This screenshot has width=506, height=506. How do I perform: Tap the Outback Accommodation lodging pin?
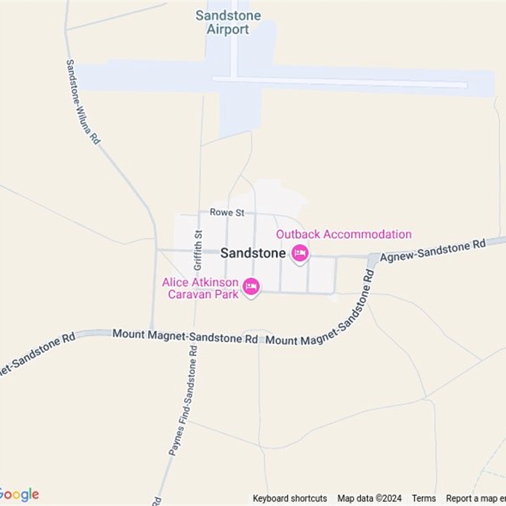299,254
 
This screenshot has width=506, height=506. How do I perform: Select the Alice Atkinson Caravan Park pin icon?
252,287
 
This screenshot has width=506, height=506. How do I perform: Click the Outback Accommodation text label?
343,235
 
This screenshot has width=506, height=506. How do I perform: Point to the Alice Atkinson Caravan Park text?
200,288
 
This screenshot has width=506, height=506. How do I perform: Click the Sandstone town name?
252,253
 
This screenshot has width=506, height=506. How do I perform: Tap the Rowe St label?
227,213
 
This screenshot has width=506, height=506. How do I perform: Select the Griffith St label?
198,250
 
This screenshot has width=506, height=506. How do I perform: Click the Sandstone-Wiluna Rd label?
83,102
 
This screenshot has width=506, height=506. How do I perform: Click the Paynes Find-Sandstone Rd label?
183,401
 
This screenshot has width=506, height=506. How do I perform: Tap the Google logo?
19,495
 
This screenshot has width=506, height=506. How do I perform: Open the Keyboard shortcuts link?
290,498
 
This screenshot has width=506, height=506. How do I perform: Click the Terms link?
424,498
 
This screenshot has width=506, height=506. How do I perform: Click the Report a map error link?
476,498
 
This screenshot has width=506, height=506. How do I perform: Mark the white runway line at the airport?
342,82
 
